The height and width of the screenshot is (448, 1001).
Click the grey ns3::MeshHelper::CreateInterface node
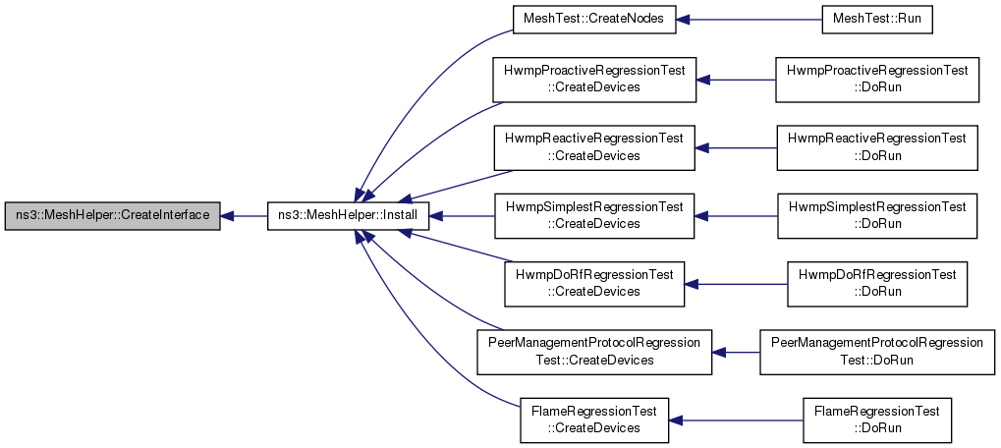click(x=112, y=216)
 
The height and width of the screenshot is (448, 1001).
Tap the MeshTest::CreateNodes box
click(x=593, y=19)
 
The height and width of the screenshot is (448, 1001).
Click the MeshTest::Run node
click(x=876, y=19)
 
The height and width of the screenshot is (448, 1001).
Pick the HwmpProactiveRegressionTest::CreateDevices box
click(x=593, y=80)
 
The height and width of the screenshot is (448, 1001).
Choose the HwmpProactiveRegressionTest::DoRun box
click(x=877, y=80)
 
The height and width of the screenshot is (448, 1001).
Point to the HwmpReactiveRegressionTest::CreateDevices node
click(x=593, y=147)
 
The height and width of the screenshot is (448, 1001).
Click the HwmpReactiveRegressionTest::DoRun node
click(x=877, y=147)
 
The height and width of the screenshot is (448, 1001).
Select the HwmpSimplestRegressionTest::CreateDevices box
click(x=593, y=216)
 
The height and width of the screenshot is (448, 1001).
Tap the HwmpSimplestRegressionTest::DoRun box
click(x=877, y=216)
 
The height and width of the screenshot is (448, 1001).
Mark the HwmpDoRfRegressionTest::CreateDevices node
click(x=593, y=284)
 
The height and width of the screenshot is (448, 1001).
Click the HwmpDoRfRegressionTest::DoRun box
click(x=877, y=284)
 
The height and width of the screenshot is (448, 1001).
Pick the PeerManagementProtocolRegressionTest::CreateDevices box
click(x=593, y=353)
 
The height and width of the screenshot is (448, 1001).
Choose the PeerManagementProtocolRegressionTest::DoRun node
click(x=877, y=353)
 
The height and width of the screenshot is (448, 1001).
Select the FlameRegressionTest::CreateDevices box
click(x=593, y=420)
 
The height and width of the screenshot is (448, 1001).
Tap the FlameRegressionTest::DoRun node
click(x=877, y=420)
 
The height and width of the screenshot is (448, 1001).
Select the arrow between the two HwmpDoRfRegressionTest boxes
click(x=736, y=284)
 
